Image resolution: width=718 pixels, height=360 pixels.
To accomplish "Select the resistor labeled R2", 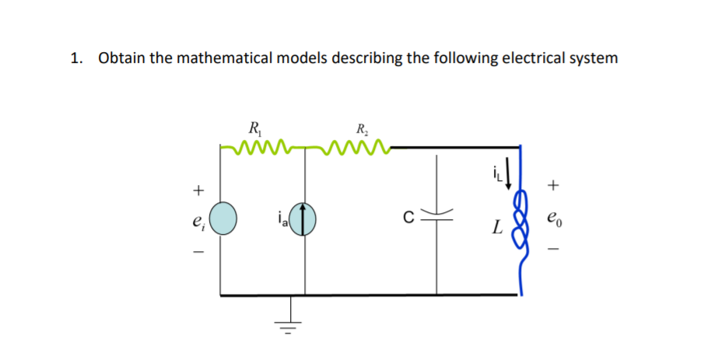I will click(x=355, y=145).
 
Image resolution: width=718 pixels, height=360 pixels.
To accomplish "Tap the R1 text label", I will click(x=253, y=128).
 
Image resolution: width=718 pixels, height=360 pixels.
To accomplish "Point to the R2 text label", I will click(x=361, y=129).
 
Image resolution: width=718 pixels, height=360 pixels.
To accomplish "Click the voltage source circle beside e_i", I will click(x=222, y=217).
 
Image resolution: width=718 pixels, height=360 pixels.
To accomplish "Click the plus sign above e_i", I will click(x=198, y=189).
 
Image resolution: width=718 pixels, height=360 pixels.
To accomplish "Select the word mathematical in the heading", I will click(x=220, y=58).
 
